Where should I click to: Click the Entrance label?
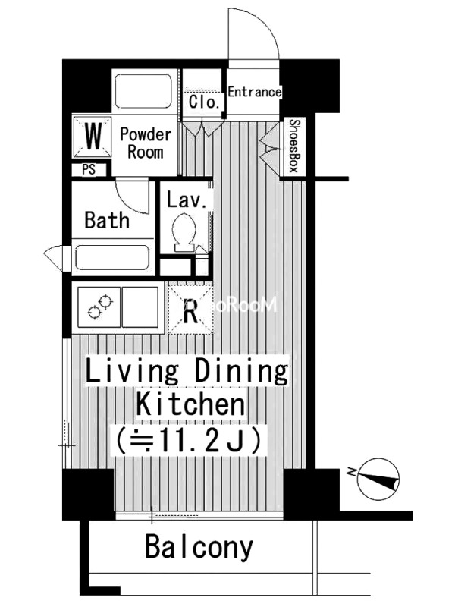[254, 92]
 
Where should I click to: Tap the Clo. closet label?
[204, 102]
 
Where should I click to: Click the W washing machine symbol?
[93, 137]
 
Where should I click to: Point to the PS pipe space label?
[89, 170]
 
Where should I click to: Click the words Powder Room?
[146, 143]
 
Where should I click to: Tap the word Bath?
[107, 220]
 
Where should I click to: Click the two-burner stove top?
[99, 307]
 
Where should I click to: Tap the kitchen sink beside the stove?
[140, 307]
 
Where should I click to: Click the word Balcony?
[199, 547]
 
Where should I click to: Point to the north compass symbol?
[378, 478]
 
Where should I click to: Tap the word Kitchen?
[190, 404]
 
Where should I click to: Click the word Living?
[132, 371]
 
